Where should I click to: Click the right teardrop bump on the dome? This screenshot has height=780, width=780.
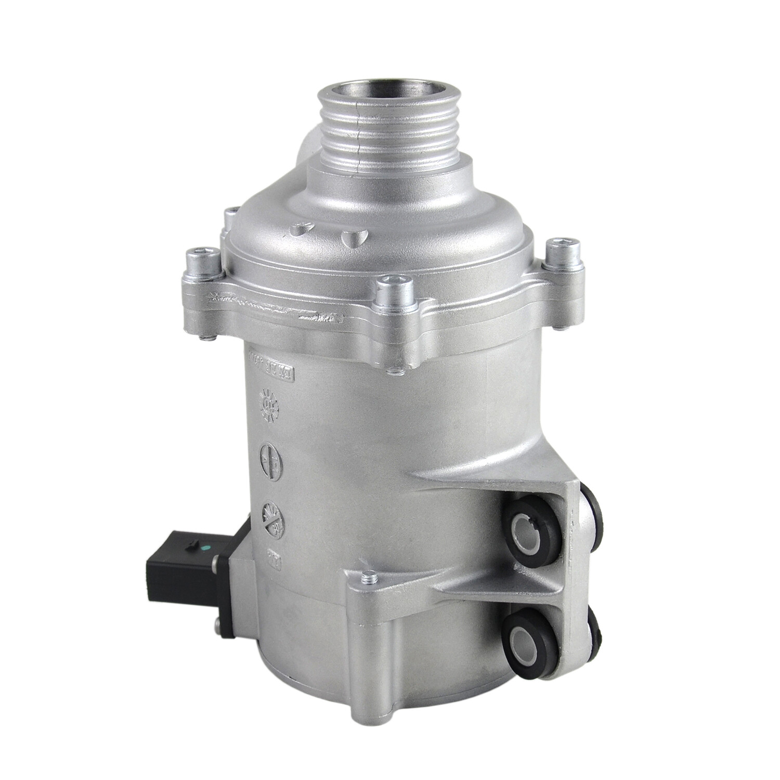[353, 237]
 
